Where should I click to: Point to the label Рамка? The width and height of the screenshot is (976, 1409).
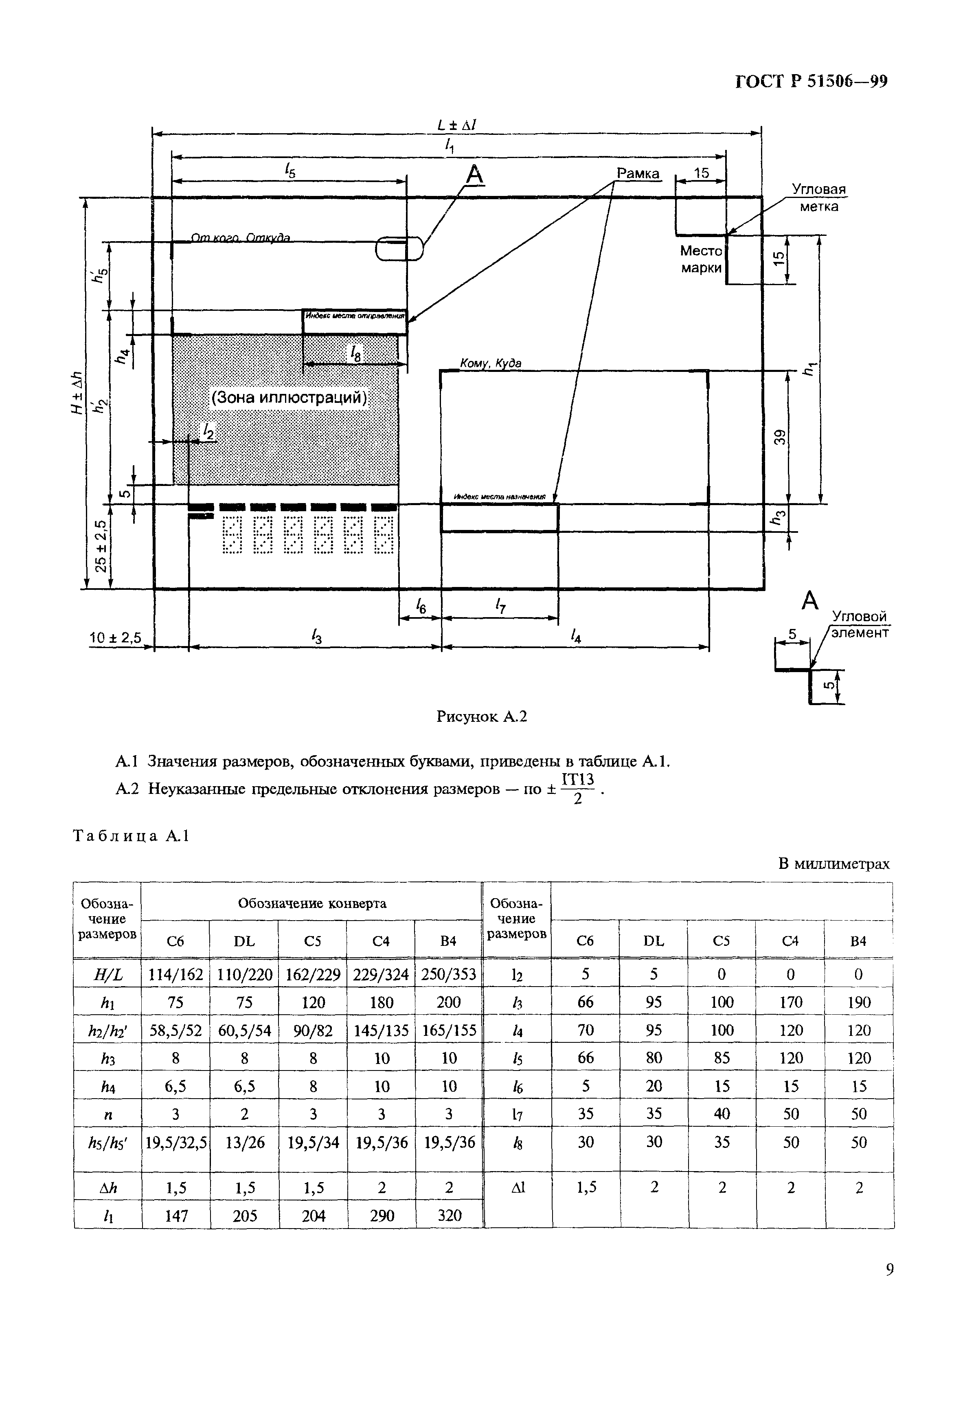coord(638,174)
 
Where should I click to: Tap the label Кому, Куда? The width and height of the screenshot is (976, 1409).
coord(491,363)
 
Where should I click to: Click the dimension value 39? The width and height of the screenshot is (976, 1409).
coord(779,437)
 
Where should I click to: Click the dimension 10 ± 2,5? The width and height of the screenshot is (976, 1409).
coord(116,638)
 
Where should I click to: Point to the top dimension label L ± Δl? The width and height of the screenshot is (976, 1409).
coord(457,125)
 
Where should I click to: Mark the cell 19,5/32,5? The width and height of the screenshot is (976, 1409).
coord(175,1143)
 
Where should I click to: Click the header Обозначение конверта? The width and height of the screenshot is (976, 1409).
coord(312,903)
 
